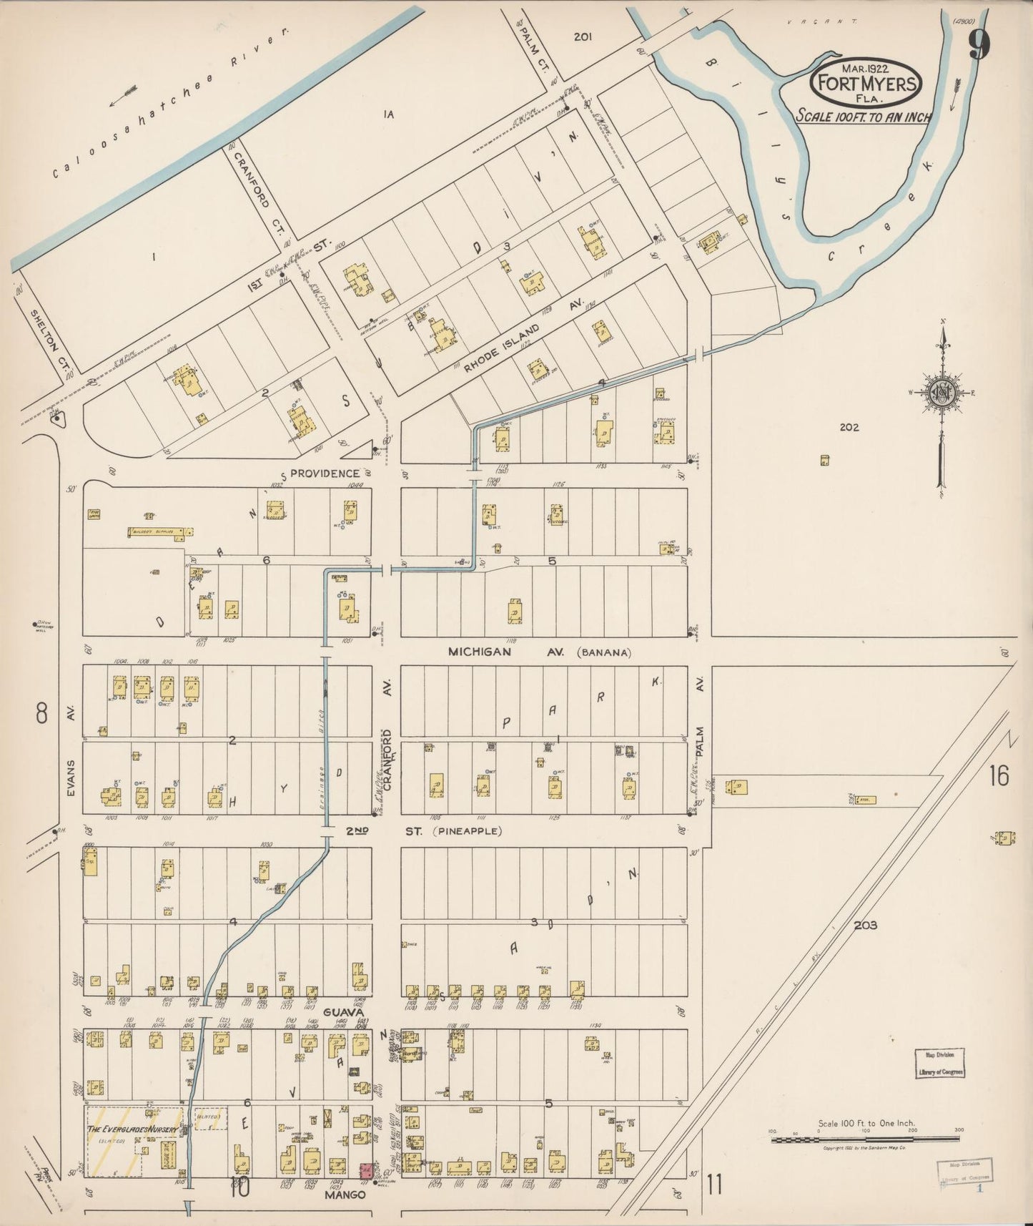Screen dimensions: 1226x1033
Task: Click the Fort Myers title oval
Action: [866, 83]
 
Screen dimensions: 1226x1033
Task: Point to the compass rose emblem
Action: [942, 392]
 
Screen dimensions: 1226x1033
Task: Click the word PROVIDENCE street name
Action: [325, 474]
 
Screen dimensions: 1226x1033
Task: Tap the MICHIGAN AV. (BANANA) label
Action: [540, 652]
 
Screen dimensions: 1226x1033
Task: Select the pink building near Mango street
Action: [365, 1171]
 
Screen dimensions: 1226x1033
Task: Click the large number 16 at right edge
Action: [999, 775]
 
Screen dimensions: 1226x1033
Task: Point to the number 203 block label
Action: [865, 925]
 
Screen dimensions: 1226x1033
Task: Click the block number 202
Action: [849, 427]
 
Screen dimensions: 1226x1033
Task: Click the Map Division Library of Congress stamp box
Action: [940, 1062]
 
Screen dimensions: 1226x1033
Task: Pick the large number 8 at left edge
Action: [41, 712]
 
